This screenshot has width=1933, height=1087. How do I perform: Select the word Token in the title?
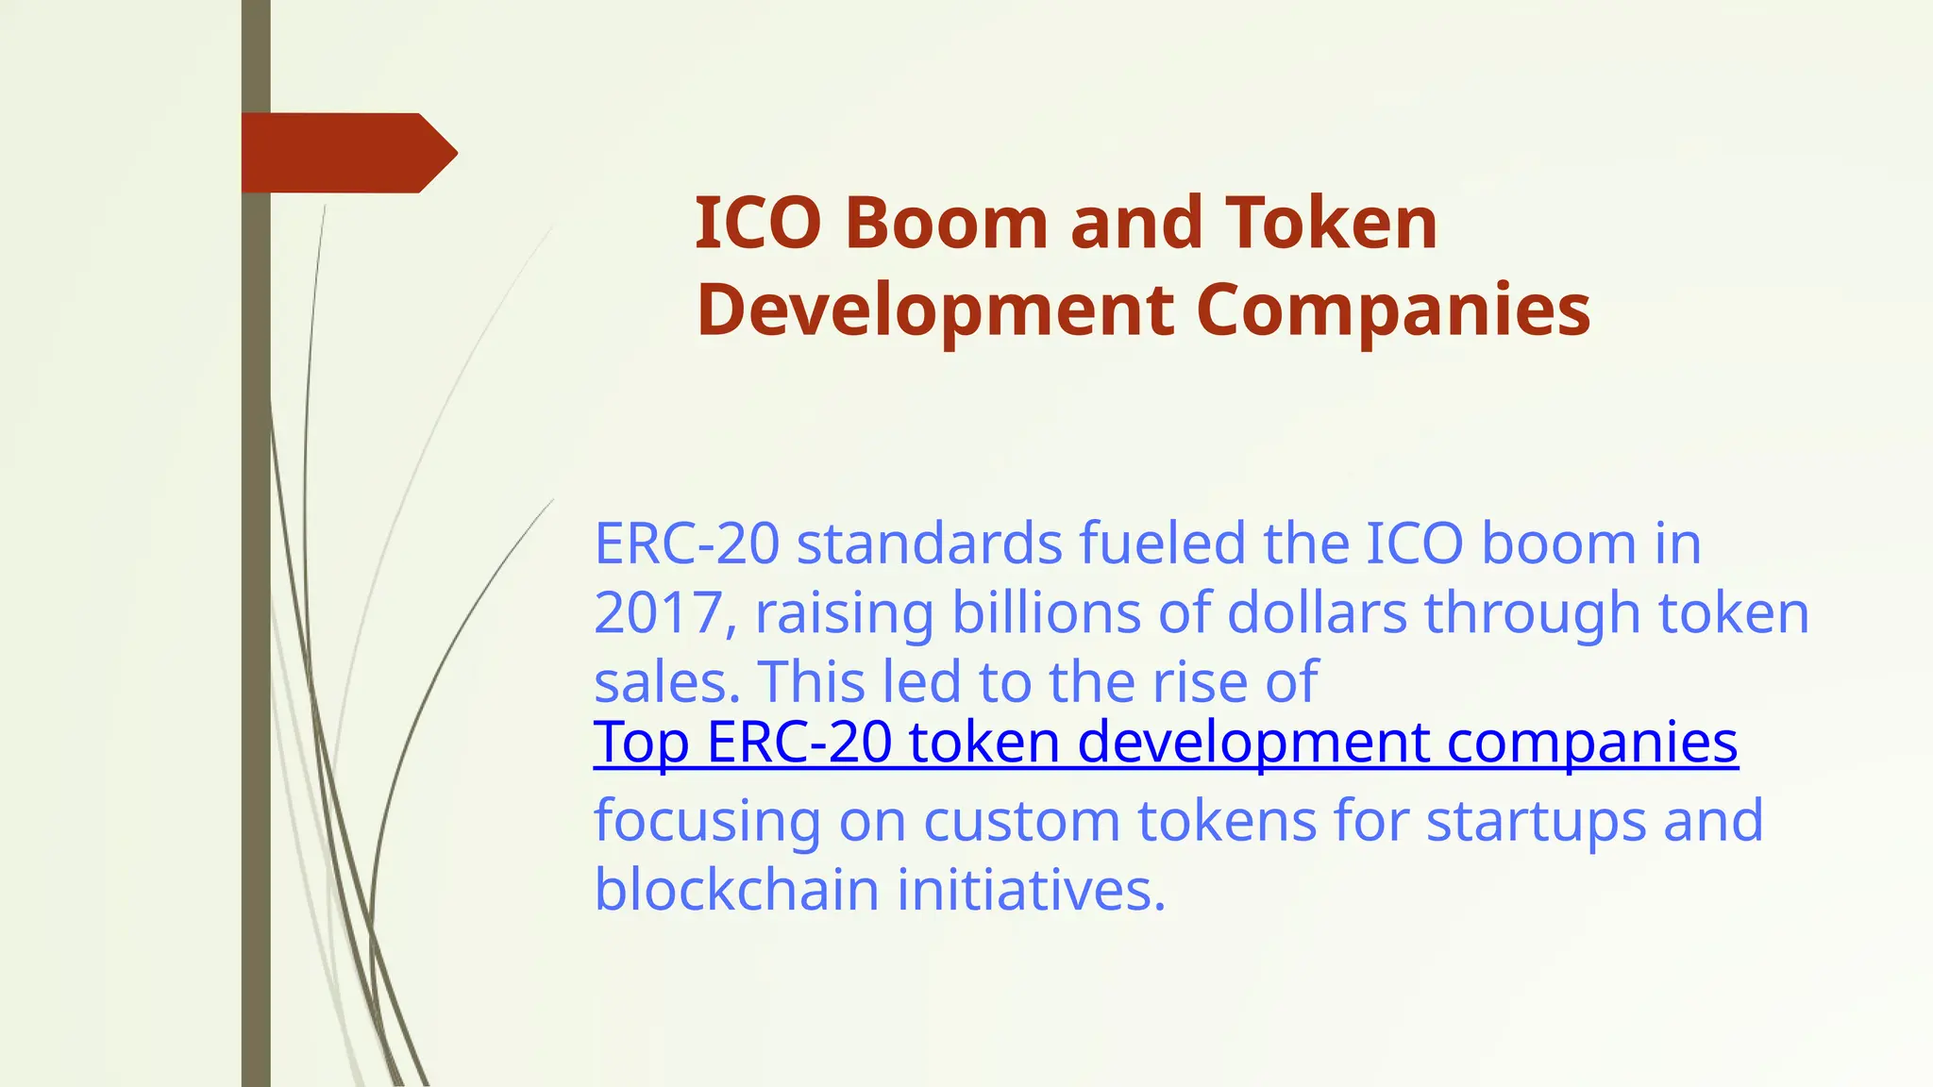pos(1331,224)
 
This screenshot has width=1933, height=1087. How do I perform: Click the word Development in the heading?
pos(935,310)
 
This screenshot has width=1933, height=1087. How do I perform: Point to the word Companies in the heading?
pos(1393,310)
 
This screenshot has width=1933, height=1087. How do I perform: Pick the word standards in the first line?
pos(930,543)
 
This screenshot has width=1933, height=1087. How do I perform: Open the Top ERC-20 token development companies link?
pos(1166,742)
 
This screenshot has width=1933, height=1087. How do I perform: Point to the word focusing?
pos(707,821)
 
